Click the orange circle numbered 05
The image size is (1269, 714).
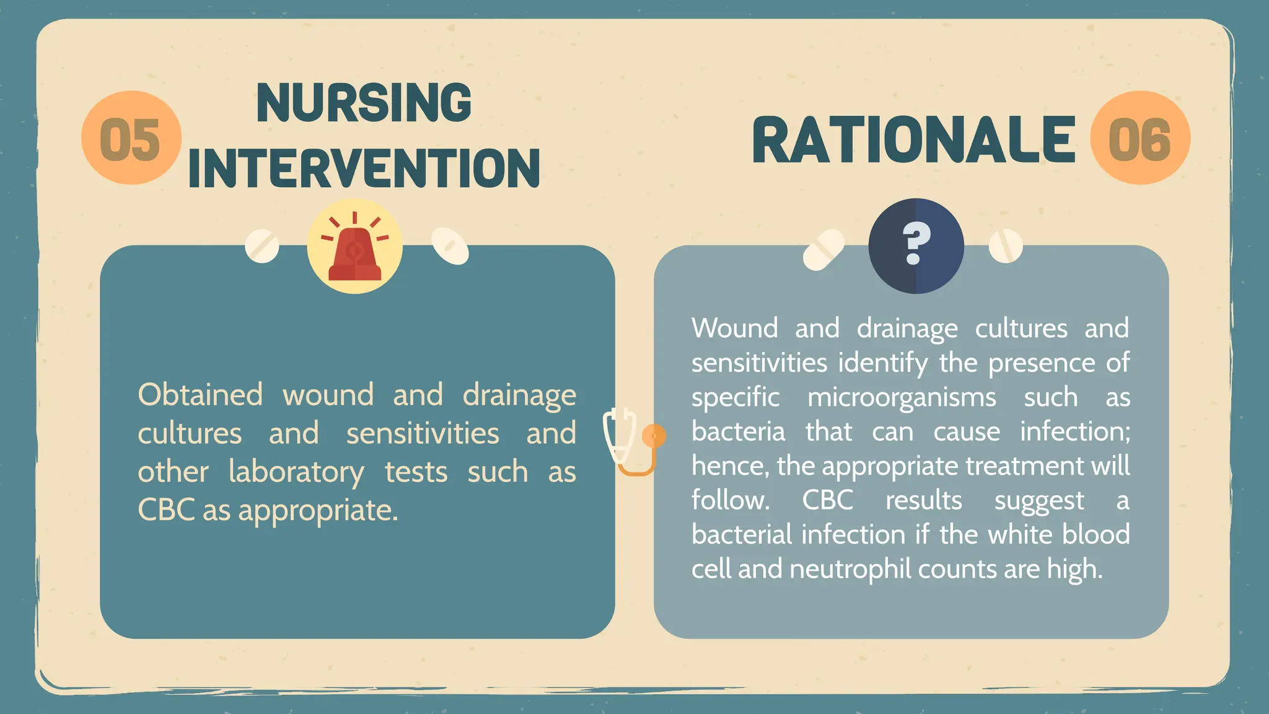click(131, 138)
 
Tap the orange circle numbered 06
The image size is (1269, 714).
click(1139, 138)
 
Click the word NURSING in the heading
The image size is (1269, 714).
click(364, 103)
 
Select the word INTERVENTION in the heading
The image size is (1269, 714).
click(364, 168)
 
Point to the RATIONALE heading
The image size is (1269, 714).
click(913, 141)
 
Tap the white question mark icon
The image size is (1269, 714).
click(916, 244)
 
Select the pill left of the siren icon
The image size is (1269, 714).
click(262, 246)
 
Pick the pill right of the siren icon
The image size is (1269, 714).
click(450, 245)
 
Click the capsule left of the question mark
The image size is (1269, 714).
click(823, 250)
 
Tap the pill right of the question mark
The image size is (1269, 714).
click(1005, 246)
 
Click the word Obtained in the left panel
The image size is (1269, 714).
click(200, 395)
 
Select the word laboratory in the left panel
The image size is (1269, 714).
click(296, 472)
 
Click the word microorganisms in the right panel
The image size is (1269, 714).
click(902, 397)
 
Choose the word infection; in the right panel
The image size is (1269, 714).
click(1075, 431)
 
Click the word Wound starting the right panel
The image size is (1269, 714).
click(734, 328)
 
